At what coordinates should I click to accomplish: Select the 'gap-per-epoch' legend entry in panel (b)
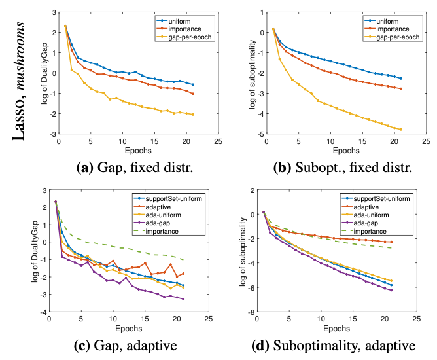click(x=392, y=38)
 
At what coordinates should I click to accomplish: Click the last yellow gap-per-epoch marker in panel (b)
click(x=400, y=130)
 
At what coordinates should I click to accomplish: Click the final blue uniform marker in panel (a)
click(x=193, y=84)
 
